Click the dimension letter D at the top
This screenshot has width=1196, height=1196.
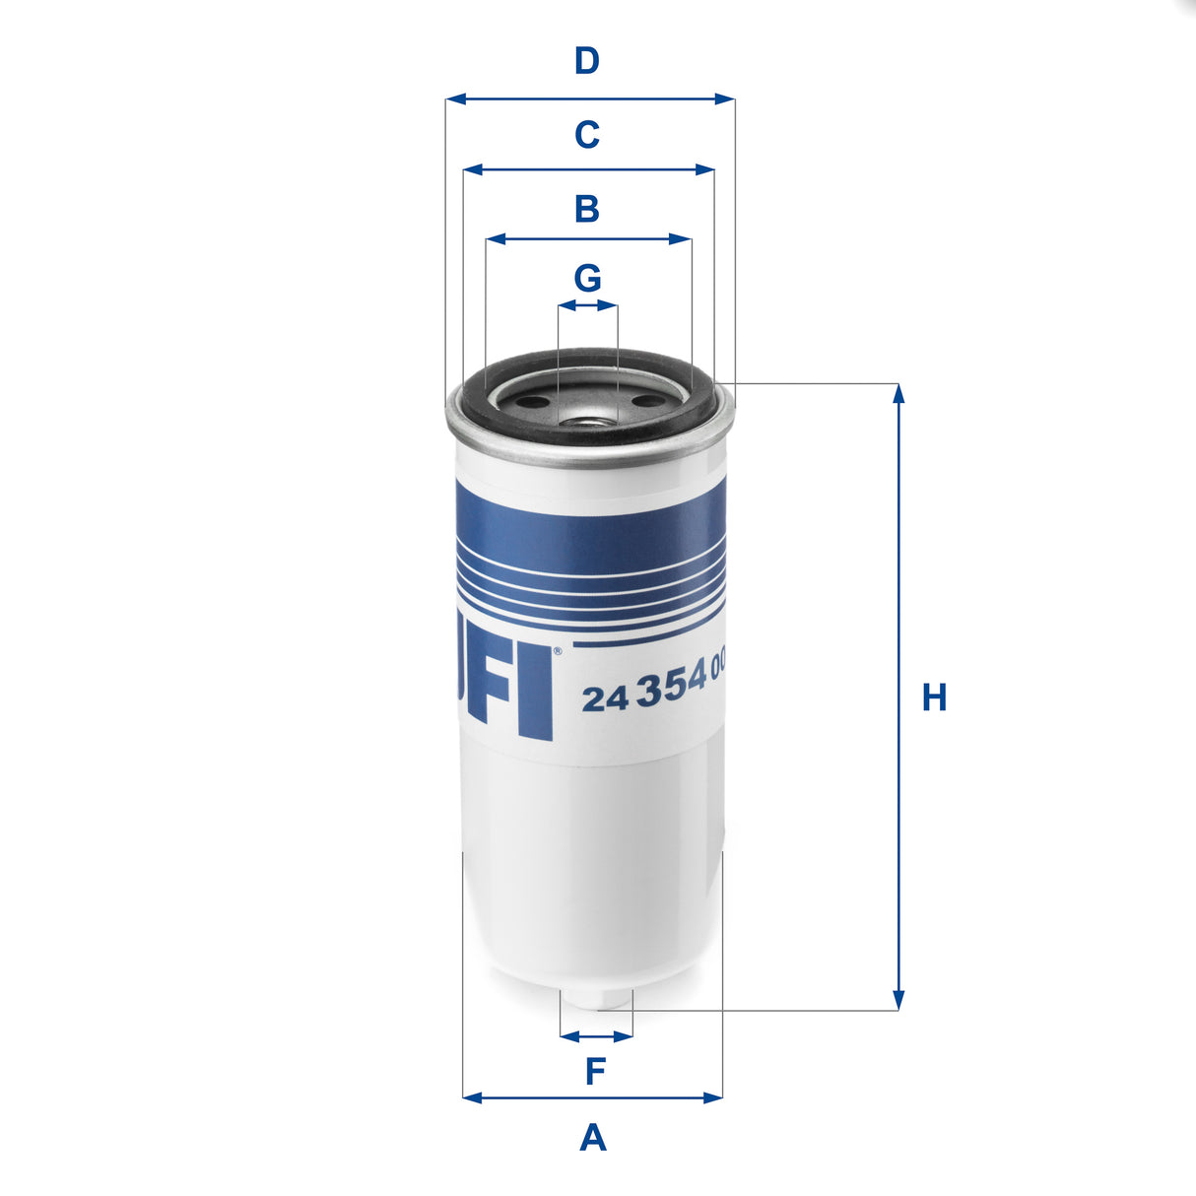click(587, 61)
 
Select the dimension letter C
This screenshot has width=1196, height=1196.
click(587, 134)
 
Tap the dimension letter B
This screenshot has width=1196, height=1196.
click(587, 209)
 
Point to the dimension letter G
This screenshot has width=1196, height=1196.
click(588, 279)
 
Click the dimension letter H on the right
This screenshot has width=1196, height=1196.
click(934, 698)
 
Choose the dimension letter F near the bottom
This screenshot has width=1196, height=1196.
click(595, 1071)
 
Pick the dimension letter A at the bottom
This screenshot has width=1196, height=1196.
click(593, 1138)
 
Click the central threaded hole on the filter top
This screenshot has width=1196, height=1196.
click(587, 423)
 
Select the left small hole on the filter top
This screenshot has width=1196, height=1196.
click(529, 402)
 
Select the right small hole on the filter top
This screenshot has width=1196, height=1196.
click(647, 401)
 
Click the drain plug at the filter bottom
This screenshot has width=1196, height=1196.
click(596, 999)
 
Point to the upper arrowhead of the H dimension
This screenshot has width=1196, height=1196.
click(897, 393)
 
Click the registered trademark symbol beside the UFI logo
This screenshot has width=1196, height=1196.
click(558, 650)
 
